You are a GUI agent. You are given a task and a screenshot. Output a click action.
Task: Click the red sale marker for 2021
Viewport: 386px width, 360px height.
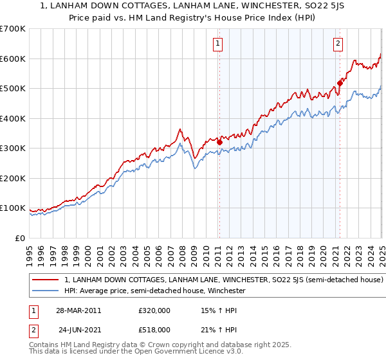point(340,82)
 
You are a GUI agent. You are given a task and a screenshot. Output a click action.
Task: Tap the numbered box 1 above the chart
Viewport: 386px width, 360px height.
point(219,44)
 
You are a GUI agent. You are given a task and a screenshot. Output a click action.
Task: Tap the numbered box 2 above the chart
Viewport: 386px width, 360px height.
point(338,44)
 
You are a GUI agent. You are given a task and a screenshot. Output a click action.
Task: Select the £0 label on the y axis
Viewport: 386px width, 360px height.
point(19,238)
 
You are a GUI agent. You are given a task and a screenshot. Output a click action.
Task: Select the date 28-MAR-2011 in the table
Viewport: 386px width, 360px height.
point(78,310)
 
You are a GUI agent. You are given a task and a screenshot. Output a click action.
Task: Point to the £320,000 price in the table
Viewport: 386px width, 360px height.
point(153,310)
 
